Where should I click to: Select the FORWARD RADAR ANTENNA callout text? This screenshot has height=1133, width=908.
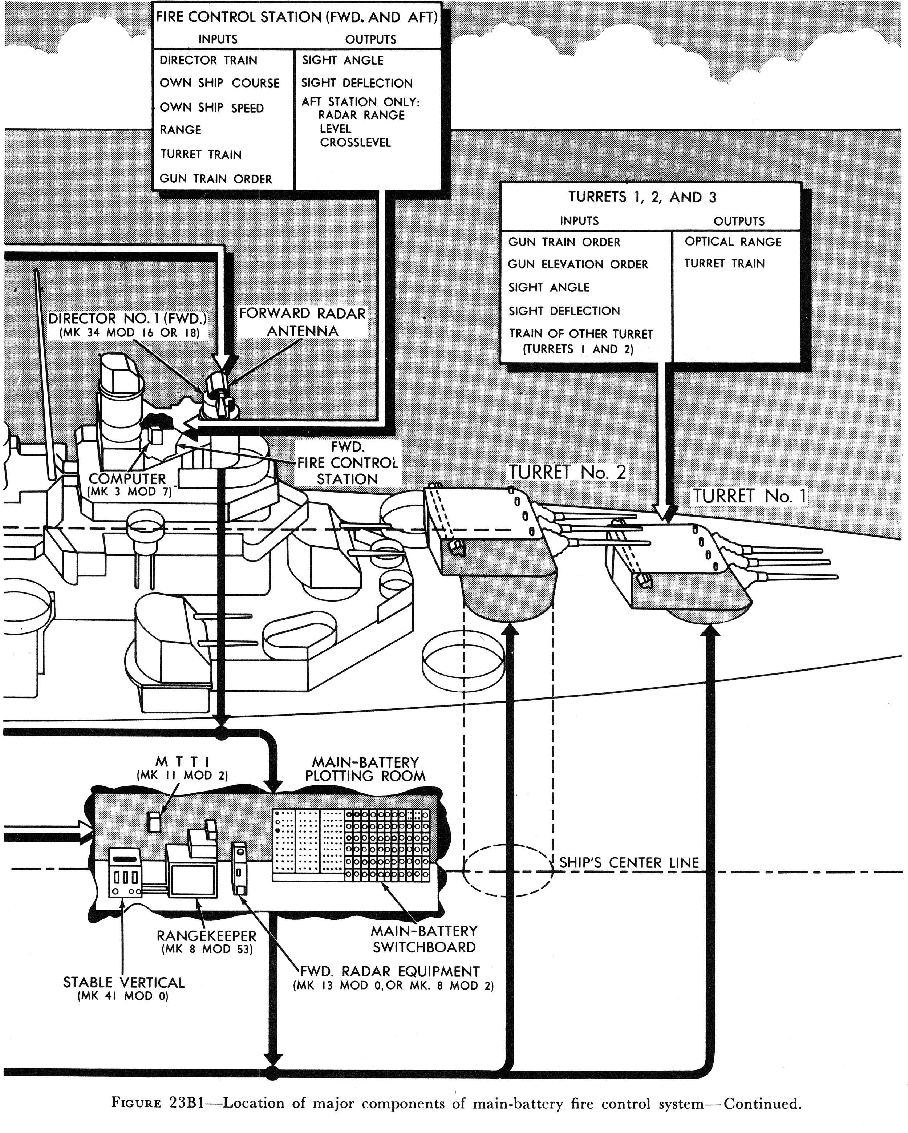tap(302, 322)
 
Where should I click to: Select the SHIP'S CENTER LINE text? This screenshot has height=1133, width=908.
tap(628, 863)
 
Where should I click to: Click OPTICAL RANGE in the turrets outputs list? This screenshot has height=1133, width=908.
tap(733, 242)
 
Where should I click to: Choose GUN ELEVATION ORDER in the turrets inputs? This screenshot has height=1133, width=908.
tap(577, 264)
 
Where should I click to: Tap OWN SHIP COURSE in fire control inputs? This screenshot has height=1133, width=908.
tap(220, 83)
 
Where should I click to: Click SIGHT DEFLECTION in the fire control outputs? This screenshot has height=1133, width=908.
tap(357, 83)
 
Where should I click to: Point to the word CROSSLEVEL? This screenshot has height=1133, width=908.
tap(356, 143)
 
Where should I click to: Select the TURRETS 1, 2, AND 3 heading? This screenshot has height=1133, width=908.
tap(642, 197)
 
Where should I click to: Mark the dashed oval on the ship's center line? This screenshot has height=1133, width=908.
tap(508, 870)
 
